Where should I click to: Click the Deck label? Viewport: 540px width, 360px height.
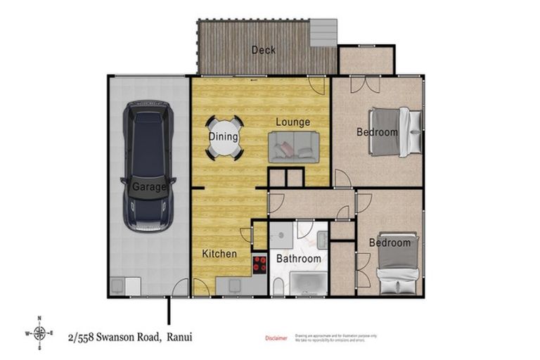click(264, 50)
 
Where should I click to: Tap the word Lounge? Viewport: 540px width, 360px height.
click(292, 122)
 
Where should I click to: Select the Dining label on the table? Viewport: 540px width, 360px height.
click(224, 137)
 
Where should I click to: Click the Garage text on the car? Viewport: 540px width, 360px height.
click(149, 188)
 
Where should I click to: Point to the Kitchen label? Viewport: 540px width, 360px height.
click(219, 254)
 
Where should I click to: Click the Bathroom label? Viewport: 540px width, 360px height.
click(300, 259)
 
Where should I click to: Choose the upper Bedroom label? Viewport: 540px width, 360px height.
click(377, 132)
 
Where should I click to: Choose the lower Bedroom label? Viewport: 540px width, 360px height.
click(390, 243)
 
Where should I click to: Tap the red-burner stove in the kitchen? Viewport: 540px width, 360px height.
click(259, 264)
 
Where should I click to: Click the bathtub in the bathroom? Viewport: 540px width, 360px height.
click(308, 283)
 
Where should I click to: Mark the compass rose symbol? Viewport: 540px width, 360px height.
click(40, 333)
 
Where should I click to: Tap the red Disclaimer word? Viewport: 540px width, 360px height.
click(276, 338)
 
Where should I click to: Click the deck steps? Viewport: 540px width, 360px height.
click(324, 32)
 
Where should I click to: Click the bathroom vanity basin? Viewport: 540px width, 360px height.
click(322, 240)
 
